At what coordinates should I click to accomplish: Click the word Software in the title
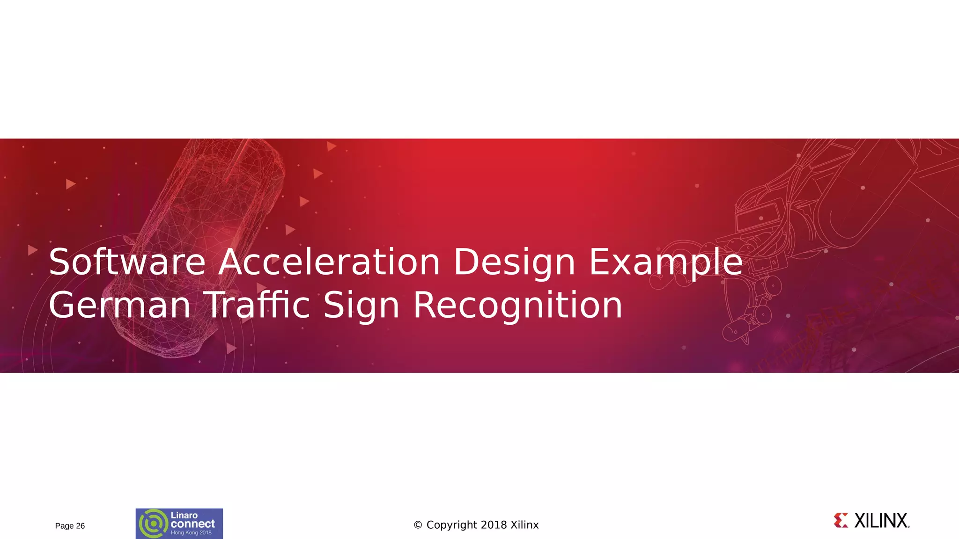coord(127,262)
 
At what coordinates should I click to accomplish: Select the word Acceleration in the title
coord(329,262)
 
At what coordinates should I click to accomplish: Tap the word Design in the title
coord(514,263)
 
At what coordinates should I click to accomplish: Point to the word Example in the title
coord(665,263)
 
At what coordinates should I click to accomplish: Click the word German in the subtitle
coord(119,305)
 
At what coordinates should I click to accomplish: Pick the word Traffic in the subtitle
coord(258,305)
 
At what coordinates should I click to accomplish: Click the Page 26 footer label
coord(70,526)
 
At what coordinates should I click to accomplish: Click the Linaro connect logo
coord(179,524)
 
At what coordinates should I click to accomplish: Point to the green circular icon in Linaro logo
coord(153,524)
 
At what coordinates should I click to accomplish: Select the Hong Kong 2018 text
coord(191,533)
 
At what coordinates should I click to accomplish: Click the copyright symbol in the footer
coord(418,525)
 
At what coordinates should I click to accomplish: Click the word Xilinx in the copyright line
coord(524,525)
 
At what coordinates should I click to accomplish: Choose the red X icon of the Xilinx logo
coord(841,520)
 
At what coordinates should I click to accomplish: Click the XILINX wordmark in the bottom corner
coord(881,521)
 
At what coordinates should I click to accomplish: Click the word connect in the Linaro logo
coord(192,524)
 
